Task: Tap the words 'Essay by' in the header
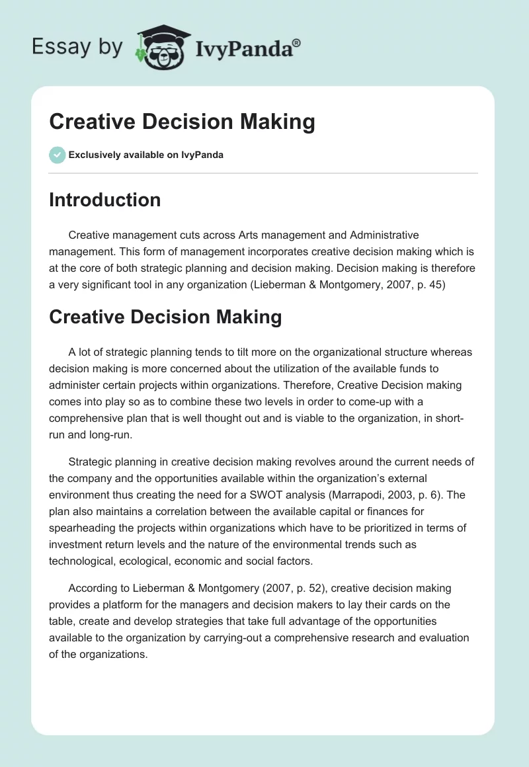point(77,46)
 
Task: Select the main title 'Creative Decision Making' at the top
point(182,122)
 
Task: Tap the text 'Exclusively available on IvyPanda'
point(145,155)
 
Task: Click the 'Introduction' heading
point(104,200)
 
